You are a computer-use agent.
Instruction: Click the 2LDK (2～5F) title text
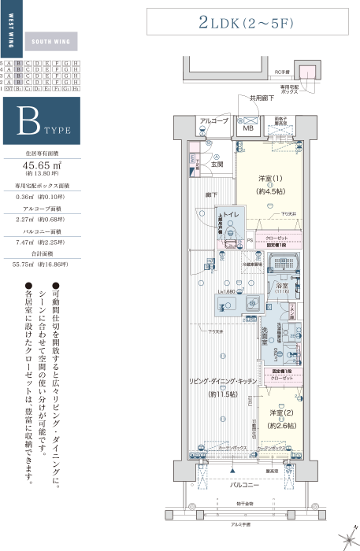(x=246, y=24)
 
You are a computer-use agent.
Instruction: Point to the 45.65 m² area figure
(x=47, y=165)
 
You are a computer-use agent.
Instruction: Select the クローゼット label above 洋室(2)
(x=280, y=378)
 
